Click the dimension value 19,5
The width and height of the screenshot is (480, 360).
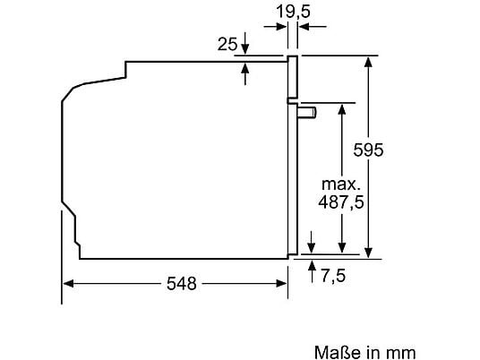pyautogui.click(x=293, y=12)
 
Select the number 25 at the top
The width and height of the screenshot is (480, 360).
pyautogui.click(x=227, y=44)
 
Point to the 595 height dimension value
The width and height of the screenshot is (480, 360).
pyautogui.click(x=368, y=150)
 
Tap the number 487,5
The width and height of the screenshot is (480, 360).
pyautogui.click(x=341, y=202)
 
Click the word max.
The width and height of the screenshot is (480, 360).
pyautogui.click(x=341, y=184)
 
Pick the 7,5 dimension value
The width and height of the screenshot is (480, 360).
pyautogui.click(x=333, y=276)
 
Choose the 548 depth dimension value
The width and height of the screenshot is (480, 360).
pyautogui.click(x=181, y=284)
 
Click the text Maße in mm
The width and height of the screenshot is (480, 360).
pyautogui.click(x=364, y=352)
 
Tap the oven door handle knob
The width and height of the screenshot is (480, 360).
pyautogui.click(x=307, y=112)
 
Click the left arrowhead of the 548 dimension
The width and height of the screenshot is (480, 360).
pyautogui.click(x=68, y=284)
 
